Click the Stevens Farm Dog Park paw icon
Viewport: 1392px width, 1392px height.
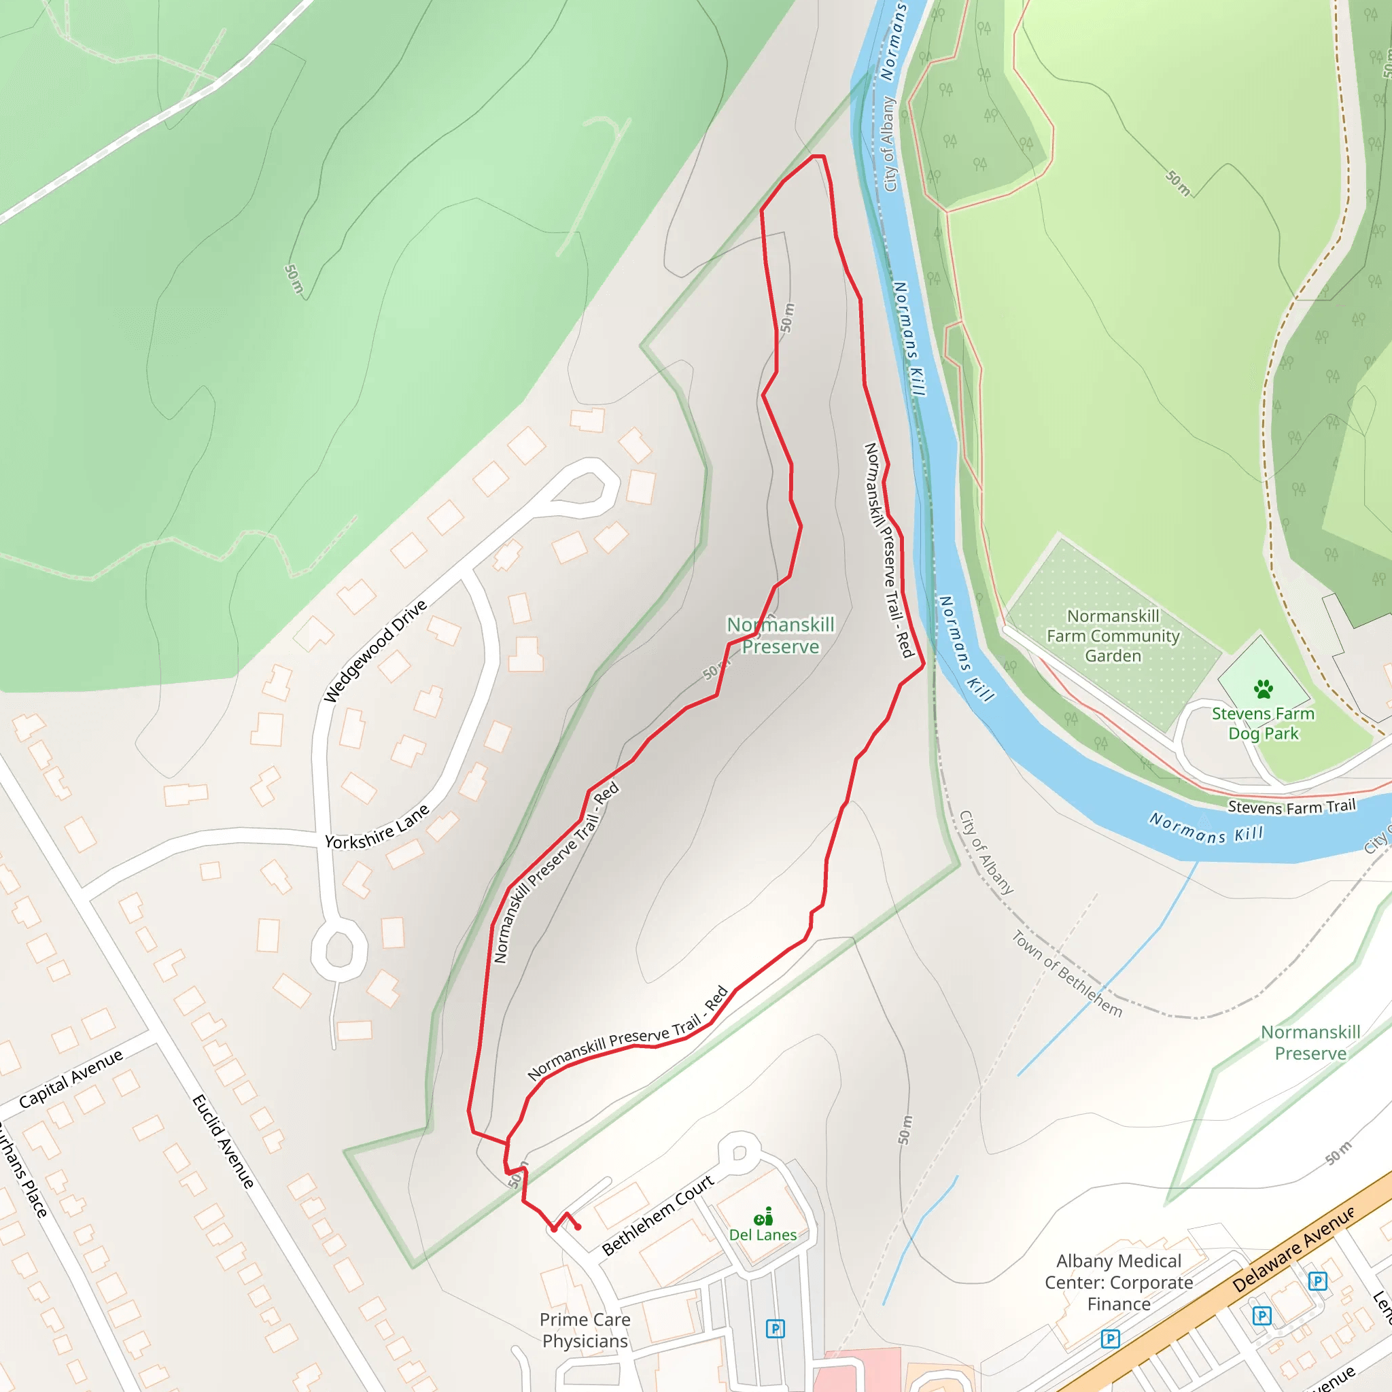click(1262, 689)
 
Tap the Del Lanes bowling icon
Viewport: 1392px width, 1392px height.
click(764, 1217)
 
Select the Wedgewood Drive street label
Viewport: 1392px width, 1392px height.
click(375, 650)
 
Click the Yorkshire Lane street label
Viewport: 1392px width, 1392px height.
click(377, 828)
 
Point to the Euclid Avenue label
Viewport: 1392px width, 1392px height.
click(223, 1141)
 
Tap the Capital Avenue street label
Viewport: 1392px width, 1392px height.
click(71, 1079)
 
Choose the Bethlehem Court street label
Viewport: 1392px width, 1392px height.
click(658, 1215)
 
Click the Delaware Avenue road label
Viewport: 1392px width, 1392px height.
click(1293, 1250)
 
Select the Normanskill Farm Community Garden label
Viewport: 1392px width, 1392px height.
click(1113, 636)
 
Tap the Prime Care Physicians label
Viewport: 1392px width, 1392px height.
click(585, 1330)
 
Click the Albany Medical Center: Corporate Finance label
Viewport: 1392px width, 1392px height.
click(1118, 1283)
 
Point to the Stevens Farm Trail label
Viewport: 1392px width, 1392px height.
click(1291, 807)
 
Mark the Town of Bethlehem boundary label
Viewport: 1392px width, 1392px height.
click(1067, 973)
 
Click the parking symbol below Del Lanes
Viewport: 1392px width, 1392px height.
click(776, 1329)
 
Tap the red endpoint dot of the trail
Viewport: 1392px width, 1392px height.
click(578, 1227)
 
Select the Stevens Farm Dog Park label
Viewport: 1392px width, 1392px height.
click(1262, 723)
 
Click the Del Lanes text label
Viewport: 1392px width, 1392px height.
click(763, 1235)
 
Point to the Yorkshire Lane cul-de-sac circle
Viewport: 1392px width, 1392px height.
click(339, 950)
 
